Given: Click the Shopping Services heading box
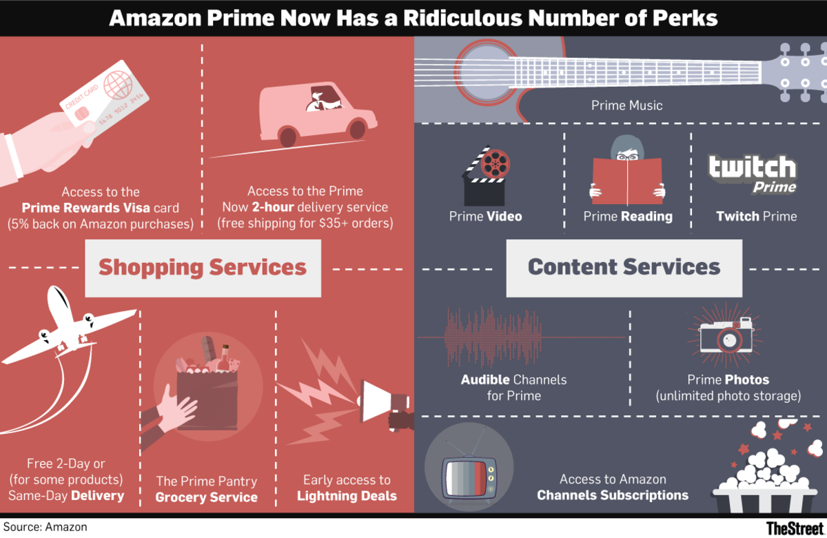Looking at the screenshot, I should pos(203,268).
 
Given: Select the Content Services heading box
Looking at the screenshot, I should pos(624,268).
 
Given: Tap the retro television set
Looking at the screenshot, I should pos(468,472).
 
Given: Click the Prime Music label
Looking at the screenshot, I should pos(626,106).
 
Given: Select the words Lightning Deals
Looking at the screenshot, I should pos(347,497).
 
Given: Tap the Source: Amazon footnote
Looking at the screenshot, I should pos(45,527).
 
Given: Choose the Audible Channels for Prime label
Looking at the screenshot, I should pos(513,388).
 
